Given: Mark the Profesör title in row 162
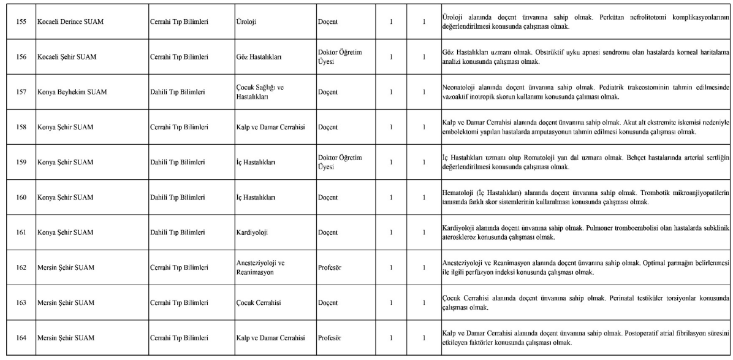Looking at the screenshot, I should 330,267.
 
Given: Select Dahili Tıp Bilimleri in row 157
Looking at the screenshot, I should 178,92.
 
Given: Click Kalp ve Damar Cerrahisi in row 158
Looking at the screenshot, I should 270,128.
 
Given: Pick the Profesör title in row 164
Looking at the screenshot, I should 330,338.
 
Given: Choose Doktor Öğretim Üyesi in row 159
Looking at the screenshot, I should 340,163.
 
